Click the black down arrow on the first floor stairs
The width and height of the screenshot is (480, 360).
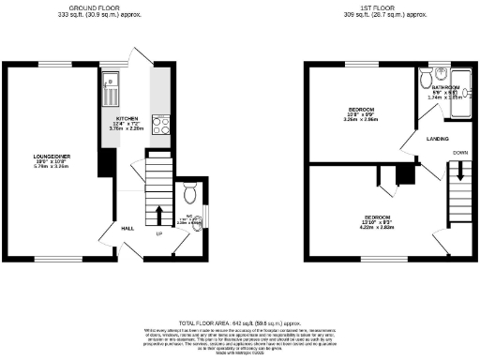[x=460, y=170]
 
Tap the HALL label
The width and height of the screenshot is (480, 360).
[x=126, y=227]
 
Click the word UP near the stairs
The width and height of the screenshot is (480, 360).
[x=158, y=233]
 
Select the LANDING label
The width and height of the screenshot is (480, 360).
[x=437, y=139]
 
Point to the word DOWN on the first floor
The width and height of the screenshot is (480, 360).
[x=460, y=151]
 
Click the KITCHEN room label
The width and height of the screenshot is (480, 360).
[x=127, y=118]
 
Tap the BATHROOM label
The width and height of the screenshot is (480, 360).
[x=432, y=86]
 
